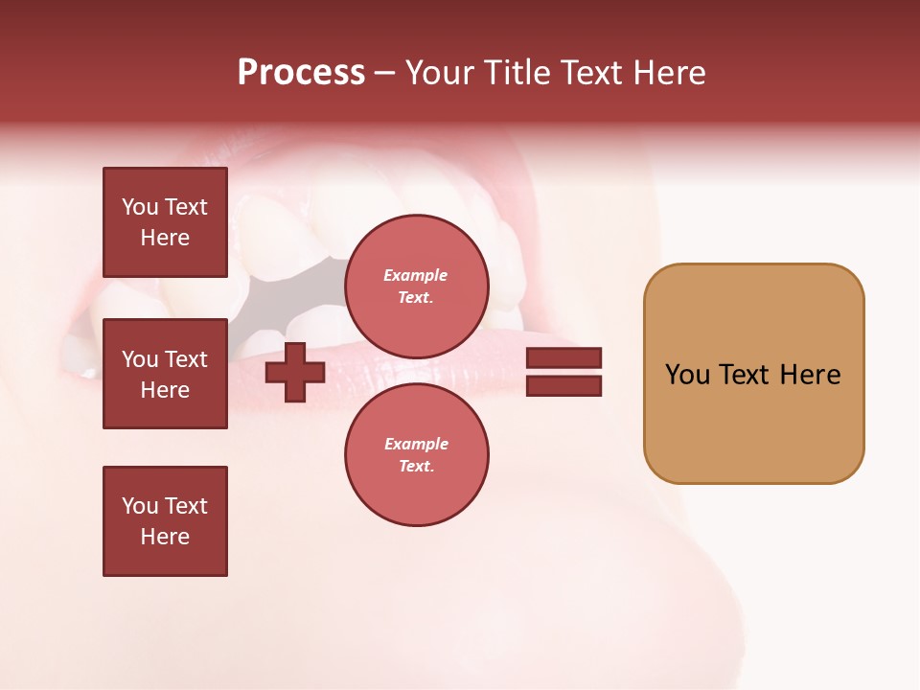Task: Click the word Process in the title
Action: click(301, 73)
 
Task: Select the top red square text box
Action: click(165, 222)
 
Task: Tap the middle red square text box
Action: click(165, 374)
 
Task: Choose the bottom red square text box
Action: click(165, 521)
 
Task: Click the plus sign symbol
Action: click(295, 372)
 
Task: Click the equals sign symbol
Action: click(563, 372)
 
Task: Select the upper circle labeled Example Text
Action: click(416, 286)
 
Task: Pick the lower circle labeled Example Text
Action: click(416, 454)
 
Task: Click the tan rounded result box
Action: click(753, 374)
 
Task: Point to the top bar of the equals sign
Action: click(563, 358)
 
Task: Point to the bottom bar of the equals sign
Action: click(563, 385)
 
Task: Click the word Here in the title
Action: click(670, 73)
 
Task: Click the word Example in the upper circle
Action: click(416, 275)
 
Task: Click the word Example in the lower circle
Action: click(416, 444)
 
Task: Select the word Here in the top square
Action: click(165, 238)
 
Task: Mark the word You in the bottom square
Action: click(139, 506)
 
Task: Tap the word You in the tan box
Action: click(687, 375)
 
